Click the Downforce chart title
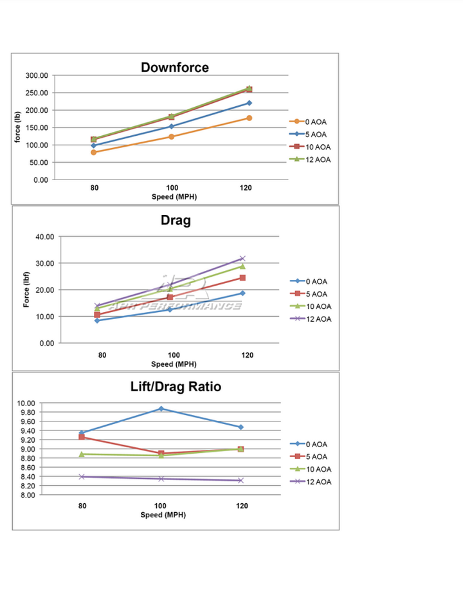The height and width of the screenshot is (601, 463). [175, 68]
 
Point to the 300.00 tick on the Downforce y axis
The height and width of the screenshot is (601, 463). [37, 75]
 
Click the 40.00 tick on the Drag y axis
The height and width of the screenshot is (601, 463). [44, 237]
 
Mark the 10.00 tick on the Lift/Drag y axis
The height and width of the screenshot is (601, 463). [26, 403]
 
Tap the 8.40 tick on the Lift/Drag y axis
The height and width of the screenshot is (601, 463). [26, 477]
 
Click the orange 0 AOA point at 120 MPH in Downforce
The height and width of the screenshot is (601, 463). [249, 118]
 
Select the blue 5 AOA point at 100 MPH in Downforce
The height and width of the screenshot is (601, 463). [172, 126]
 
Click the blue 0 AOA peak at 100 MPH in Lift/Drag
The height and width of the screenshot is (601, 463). [161, 409]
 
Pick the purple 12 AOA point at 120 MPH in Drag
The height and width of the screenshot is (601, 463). [242, 259]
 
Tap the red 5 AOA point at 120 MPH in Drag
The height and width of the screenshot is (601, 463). [242, 278]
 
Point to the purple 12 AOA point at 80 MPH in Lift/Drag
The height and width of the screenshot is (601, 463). [82, 477]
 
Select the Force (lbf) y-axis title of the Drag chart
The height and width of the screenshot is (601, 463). [28, 290]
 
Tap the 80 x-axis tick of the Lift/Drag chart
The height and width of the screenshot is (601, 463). [82, 506]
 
